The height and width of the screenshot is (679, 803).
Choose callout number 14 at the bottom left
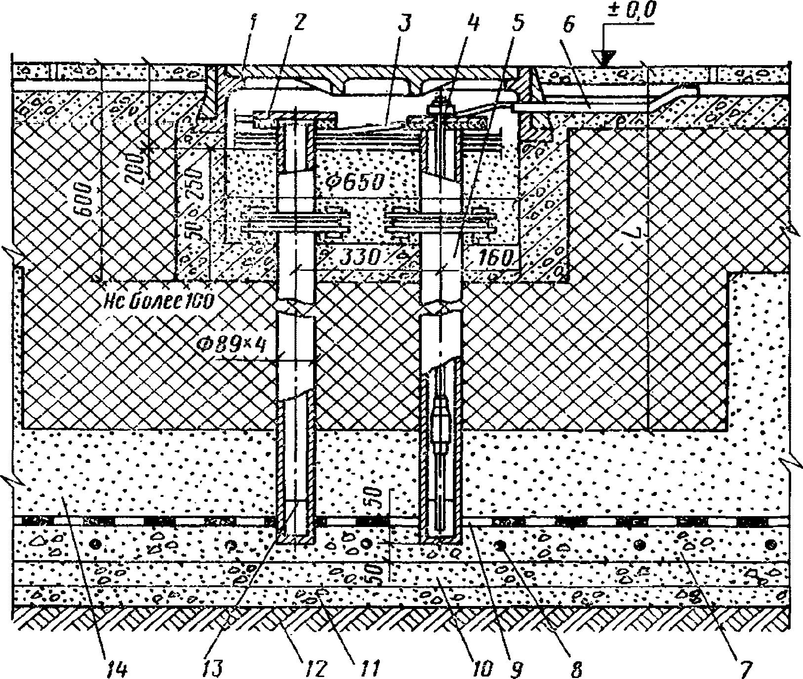tap(118, 669)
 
